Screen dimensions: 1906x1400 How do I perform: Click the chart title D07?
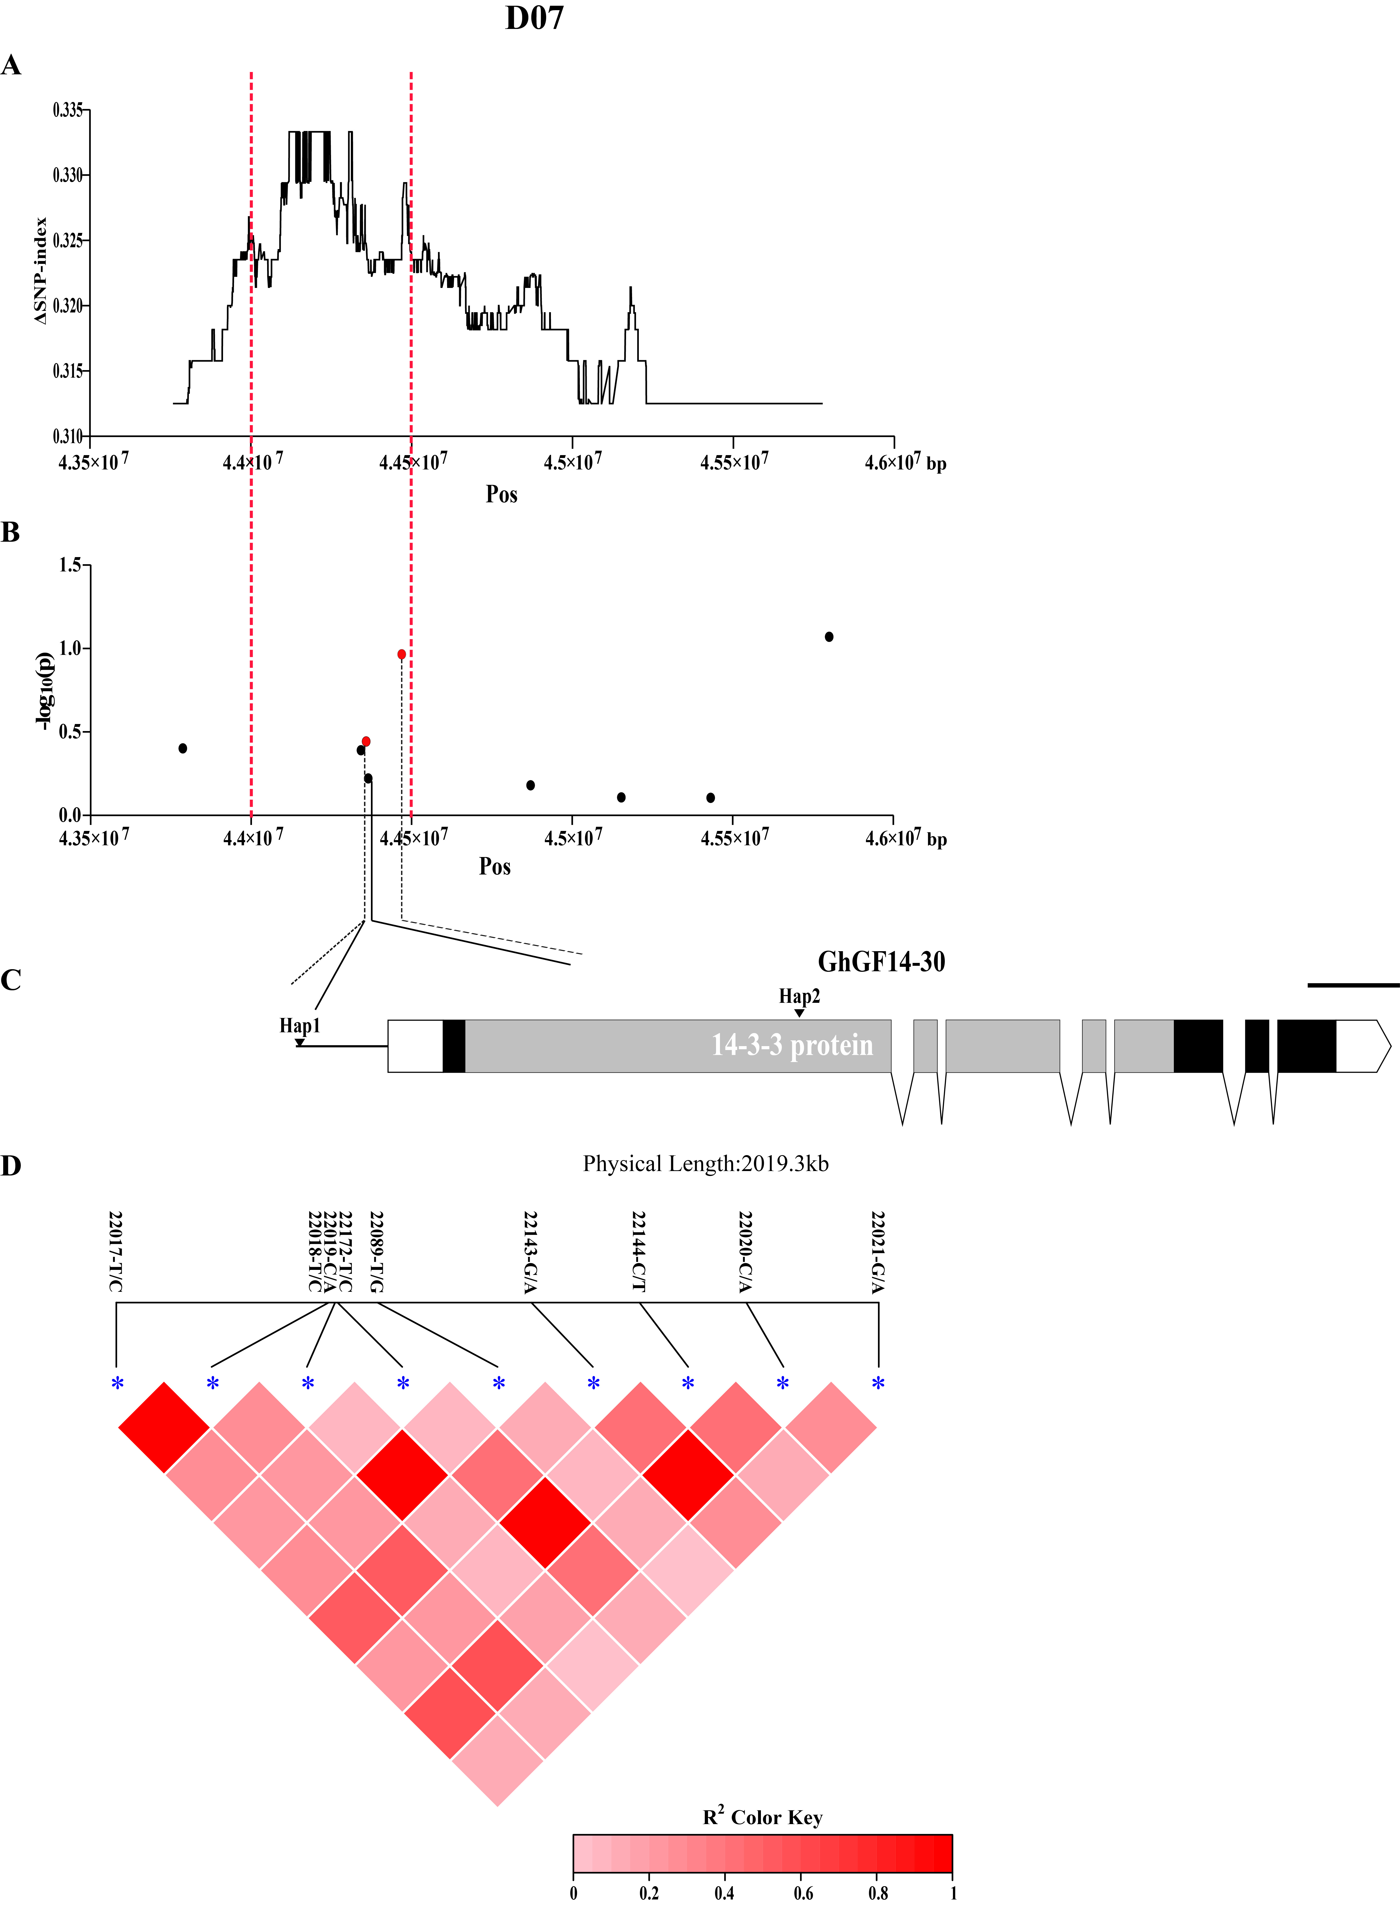(534, 19)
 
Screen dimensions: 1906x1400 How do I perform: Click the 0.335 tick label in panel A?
(68, 110)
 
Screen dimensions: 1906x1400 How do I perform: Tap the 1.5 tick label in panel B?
(70, 565)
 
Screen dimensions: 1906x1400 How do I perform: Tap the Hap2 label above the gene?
(799, 996)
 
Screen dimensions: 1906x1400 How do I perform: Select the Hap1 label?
(300, 1026)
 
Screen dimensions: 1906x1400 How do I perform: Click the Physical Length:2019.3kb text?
(705, 1164)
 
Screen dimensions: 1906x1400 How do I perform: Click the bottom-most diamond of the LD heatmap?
(497, 1759)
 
